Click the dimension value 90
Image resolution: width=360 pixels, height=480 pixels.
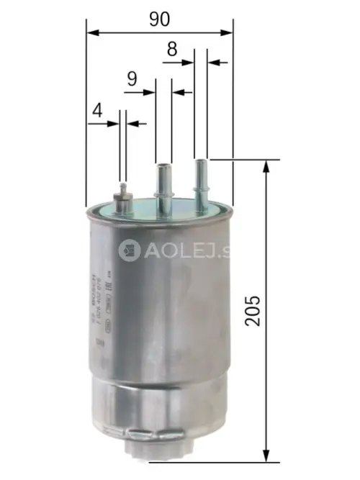click(160, 19)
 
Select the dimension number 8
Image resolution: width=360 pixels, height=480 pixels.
click(171, 50)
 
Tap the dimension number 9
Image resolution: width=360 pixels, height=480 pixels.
click(132, 79)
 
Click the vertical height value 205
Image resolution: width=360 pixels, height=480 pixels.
click(251, 309)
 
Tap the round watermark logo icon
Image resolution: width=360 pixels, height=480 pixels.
click(130, 250)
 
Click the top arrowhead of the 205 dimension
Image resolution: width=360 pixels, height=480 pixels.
click(267, 166)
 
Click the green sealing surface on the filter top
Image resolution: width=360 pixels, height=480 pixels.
click(180, 208)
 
